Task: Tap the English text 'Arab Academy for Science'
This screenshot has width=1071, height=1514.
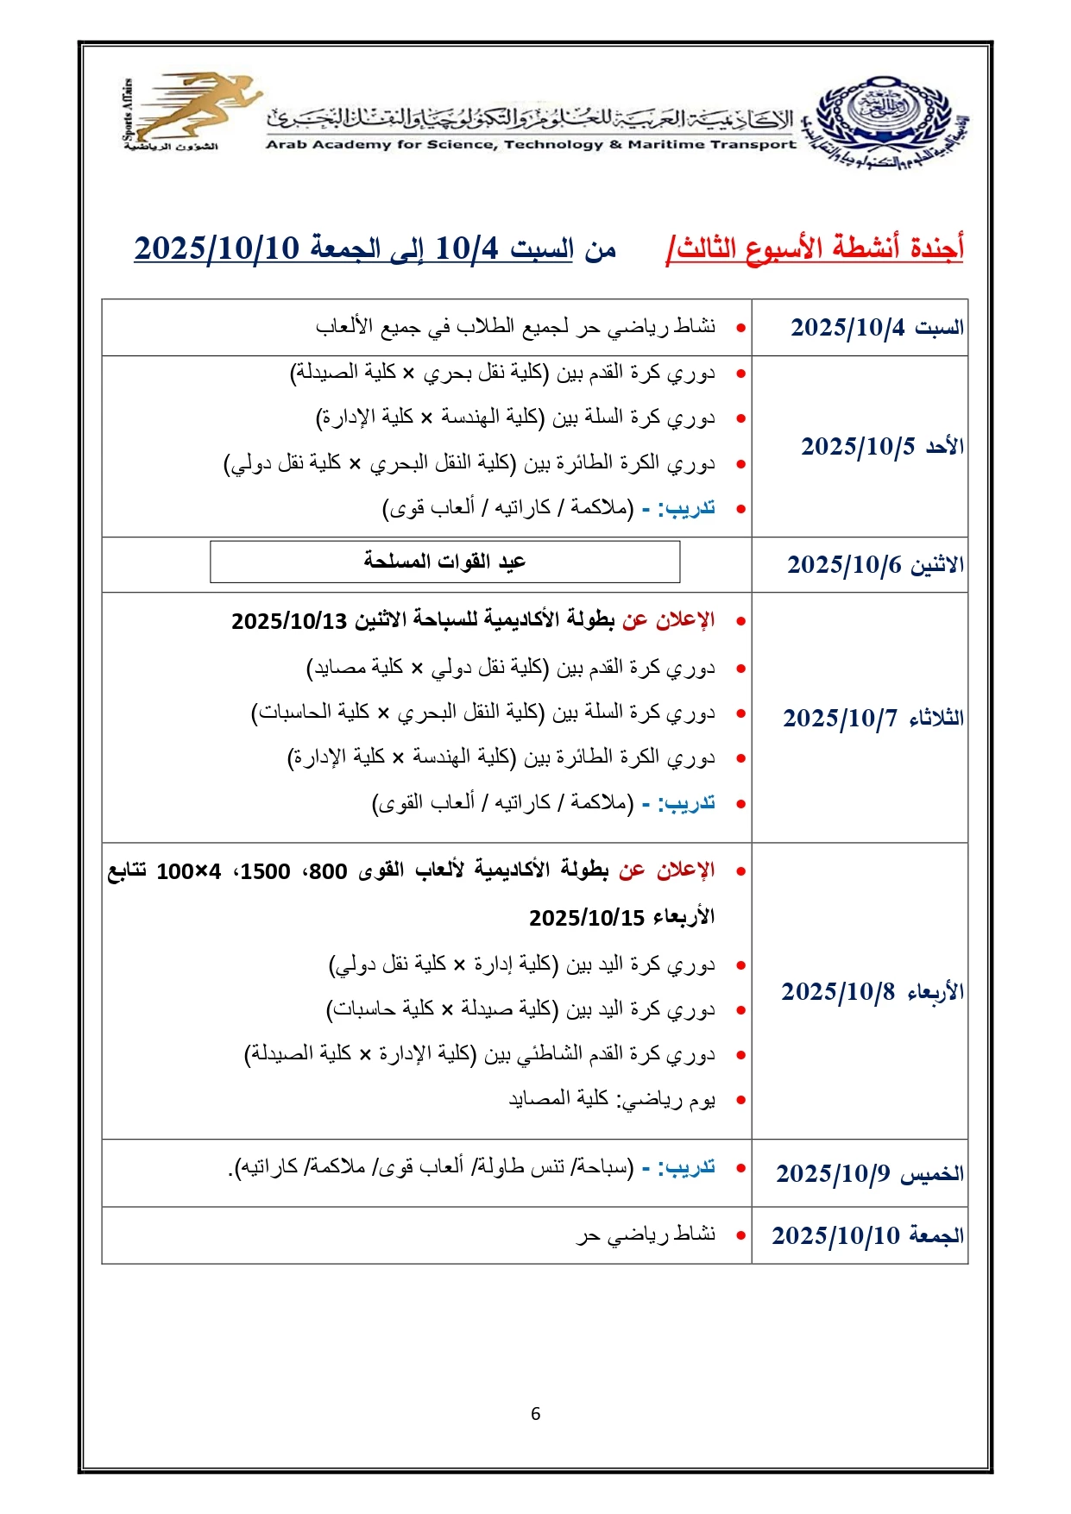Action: pyautogui.click(x=380, y=145)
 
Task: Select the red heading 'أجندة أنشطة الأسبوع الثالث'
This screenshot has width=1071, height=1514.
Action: pyautogui.click(x=816, y=248)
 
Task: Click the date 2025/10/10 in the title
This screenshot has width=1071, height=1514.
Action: pyautogui.click(x=216, y=248)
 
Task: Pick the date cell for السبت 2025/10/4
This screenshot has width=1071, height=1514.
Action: pyautogui.click(x=876, y=328)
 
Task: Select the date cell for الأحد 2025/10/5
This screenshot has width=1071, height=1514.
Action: pyautogui.click(x=881, y=447)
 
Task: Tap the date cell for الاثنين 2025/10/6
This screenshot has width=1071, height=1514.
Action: pyautogui.click(x=874, y=565)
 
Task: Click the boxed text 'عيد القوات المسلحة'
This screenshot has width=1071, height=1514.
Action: pyautogui.click(x=444, y=562)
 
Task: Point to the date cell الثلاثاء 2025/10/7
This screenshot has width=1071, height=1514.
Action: pyautogui.click(x=873, y=718)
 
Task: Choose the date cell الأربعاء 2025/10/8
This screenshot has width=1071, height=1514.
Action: pyautogui.click(x=872, y=992)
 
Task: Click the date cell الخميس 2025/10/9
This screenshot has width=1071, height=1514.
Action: pyautogui.click(x=869, y=1173)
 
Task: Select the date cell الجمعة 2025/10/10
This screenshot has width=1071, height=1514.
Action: pyautogui.click(x=867, y=1235)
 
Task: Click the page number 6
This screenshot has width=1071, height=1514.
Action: pyautogui.click(x=535, y=1414)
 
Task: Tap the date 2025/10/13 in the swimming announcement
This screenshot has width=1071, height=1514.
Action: pyautogui.click(x=289, y=621)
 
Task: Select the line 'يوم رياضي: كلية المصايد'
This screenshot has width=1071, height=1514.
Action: pyautogui.click(x=611, y=1100)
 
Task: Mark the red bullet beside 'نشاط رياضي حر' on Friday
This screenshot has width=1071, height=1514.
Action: pyautogui.click(x=740, y=1236)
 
